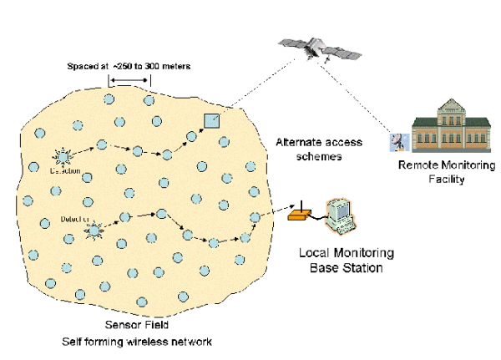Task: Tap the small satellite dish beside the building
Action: click(396, 142)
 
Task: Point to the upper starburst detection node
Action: click(62, 156)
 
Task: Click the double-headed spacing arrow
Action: click(129, 81)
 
